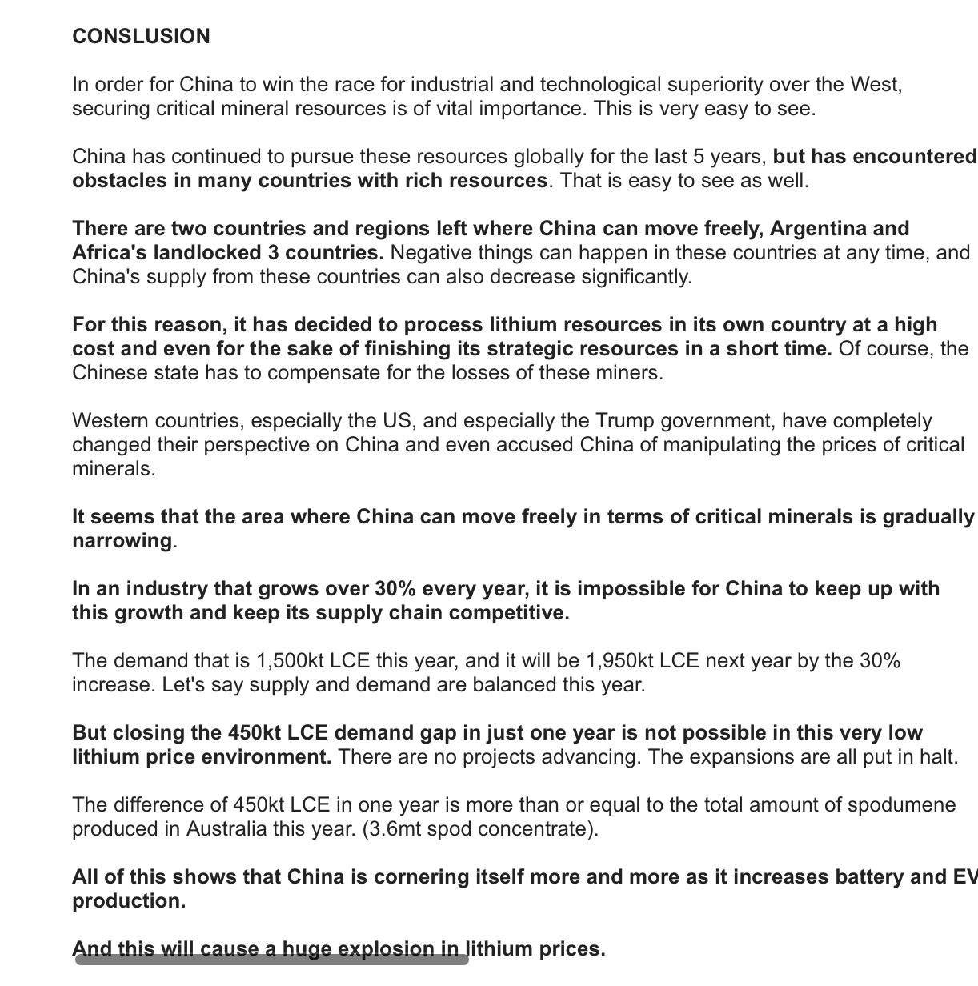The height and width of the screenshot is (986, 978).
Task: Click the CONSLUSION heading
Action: point(141,37)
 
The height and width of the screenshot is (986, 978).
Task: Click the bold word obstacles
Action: point(119,181)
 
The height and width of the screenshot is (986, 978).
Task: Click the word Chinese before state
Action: point(109,373)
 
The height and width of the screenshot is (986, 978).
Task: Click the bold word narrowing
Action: point(122,541)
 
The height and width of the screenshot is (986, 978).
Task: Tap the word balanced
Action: point(530,685)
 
